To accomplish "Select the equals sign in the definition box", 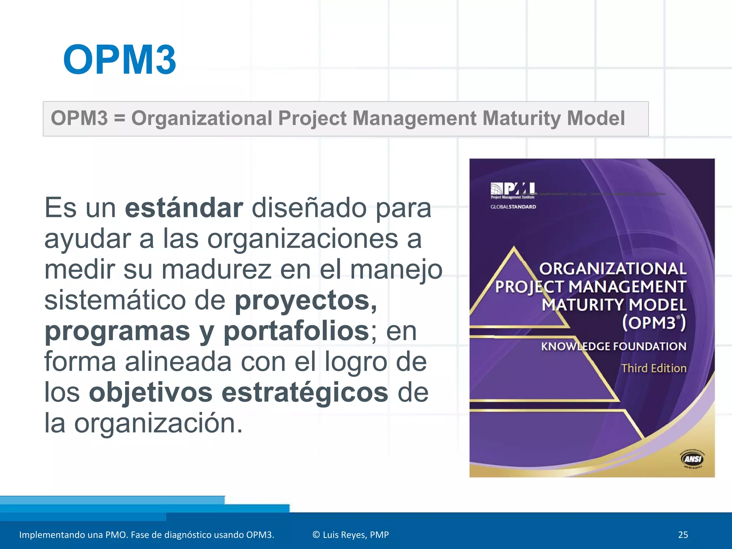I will (x=119, y=118).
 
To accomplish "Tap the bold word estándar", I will (x=184, y=208).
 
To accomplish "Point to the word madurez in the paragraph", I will (x=217, y=270).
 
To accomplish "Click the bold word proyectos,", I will (x=306, y=301).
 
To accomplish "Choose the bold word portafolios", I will (x=296, y=331).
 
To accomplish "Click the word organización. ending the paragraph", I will (x=158, y=424).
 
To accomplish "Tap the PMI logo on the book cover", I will (x=513, y=190).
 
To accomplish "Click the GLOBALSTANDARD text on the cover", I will (x=513, y=207).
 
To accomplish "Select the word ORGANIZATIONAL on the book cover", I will (x=613, y=269).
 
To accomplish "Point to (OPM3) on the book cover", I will (x=654, y=323).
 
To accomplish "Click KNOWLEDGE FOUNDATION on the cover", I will (x=613, y=346).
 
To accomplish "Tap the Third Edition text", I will (x=654, y=368).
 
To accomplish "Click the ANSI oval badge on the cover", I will (x=693, y=459).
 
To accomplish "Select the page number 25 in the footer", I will (x=683, y=535).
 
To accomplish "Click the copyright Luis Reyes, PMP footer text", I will (x=350, y=535).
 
